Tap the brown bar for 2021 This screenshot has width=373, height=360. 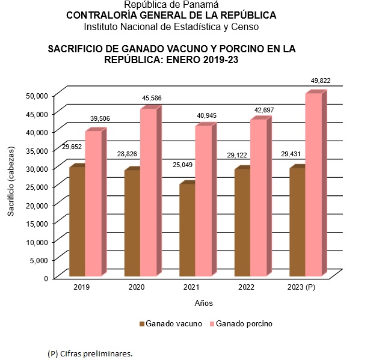186,231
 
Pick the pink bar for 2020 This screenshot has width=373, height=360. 148,193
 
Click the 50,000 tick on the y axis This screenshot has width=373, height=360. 37,95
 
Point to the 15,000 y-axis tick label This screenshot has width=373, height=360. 37,223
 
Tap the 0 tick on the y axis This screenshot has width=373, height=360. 45,278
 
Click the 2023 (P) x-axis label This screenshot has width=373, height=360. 301,288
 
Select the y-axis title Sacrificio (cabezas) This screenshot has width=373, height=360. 11,186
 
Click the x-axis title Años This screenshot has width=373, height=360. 203,303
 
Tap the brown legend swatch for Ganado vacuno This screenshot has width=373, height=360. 142,324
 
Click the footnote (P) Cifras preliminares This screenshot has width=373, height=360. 90,353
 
